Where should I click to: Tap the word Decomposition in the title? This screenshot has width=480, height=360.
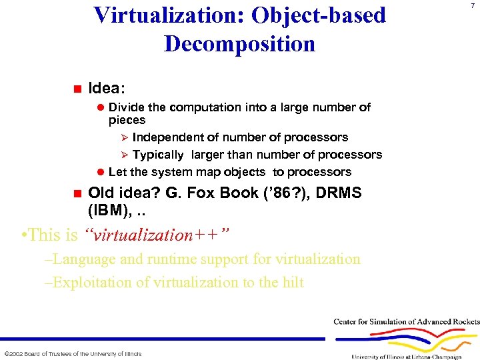coord(239,44)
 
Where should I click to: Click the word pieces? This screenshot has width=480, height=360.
coord(127,120)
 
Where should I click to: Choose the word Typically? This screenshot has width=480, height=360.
coord(158,155)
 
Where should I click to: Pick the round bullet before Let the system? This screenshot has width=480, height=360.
coord(101,172)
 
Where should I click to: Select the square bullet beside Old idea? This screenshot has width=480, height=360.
coord(77,193)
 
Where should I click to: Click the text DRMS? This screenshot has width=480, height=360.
coord(329,193)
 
